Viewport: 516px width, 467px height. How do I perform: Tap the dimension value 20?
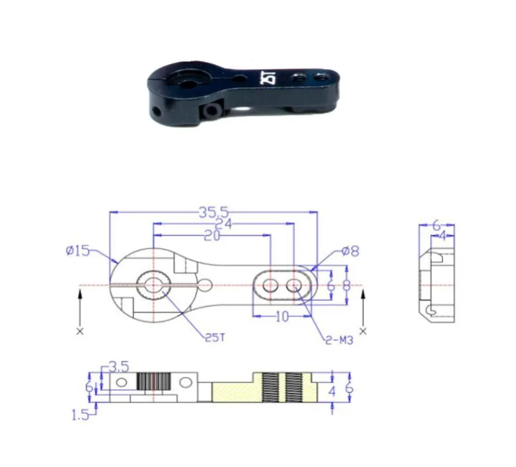click(211, 236)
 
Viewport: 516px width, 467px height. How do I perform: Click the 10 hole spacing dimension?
click(282, 317)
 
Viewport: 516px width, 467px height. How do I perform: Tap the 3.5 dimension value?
click(118, 366)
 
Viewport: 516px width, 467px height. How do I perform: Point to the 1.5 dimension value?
click(81, 415)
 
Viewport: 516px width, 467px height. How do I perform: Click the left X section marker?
click(79, 331)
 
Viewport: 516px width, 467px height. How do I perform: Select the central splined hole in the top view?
click(154, 284)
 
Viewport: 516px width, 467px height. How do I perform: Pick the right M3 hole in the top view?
click(293, 284)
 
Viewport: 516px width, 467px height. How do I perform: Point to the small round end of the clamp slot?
click(204, 284)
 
